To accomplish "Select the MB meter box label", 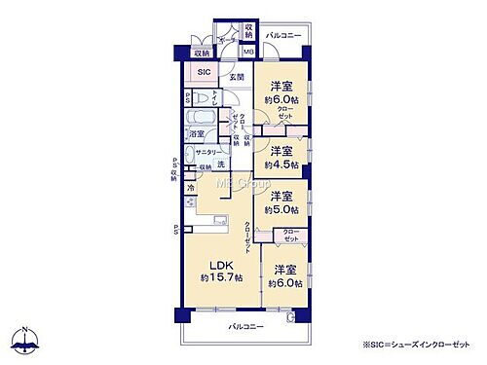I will [x=248, y=52].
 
